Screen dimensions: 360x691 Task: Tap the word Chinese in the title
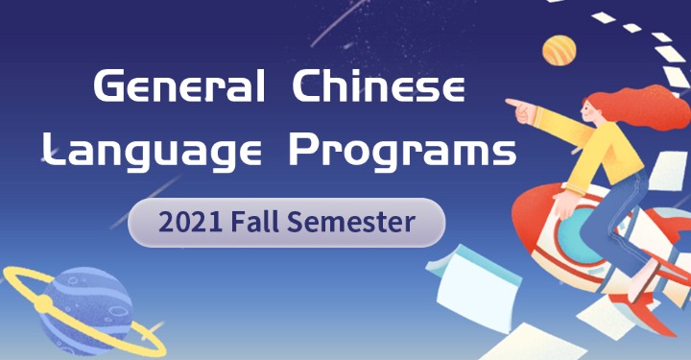378,89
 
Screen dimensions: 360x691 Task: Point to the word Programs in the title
404,151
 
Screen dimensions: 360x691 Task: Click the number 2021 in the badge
192,223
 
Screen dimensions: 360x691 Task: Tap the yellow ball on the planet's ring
44,304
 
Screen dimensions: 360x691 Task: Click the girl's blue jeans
600,230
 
